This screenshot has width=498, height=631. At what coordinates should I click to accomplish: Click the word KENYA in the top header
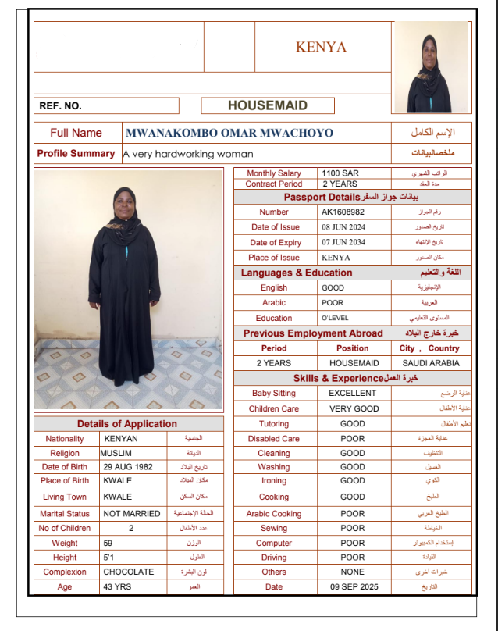coord(321,47)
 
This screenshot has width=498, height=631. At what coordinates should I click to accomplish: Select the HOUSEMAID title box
coord(268,105)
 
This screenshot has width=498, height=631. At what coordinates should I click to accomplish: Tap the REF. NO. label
coord(60,105)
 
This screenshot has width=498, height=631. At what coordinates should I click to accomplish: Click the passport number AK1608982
coord(343,212)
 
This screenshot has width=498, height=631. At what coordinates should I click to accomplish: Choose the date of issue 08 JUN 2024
coord(343,227)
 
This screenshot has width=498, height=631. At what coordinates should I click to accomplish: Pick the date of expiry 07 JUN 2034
coord(343,242)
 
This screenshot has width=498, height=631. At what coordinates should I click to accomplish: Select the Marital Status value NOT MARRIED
coord(132,514)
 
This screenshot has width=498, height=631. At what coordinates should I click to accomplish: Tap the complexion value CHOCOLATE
coord(129,572)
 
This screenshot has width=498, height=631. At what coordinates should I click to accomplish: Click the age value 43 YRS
coord(117,586)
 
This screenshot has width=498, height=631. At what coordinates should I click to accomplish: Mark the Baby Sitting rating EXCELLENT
coord(352,393)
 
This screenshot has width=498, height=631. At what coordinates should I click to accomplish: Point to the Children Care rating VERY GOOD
coord(354,408)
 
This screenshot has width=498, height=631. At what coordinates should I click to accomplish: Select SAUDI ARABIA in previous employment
coord(431,363)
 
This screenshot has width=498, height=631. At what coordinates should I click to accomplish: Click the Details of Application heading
coord(127,424)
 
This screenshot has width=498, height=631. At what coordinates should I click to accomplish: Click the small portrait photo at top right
coord(431,67)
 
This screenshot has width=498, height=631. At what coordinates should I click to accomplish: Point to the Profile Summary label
coord(76,154)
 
